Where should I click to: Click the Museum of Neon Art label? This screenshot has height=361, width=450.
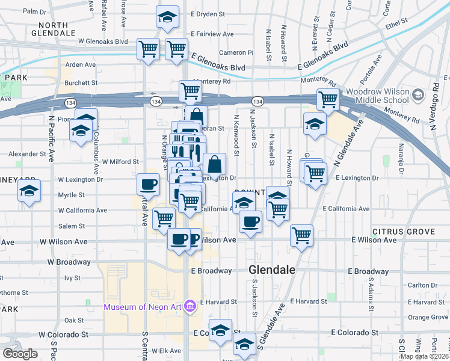tap(143, 307)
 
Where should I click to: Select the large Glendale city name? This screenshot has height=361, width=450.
tap(272, 270)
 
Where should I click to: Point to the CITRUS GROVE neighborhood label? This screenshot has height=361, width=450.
tap(403, 232)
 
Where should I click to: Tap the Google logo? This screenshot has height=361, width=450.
tap(20, 354)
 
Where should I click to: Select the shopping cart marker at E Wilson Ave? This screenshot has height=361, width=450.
tap(301, 235)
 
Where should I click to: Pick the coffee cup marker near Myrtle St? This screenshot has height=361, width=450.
tap(148, 184)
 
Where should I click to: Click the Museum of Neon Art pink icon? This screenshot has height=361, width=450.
tap(190, 307)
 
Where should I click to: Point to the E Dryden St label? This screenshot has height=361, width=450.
tap(208, 14)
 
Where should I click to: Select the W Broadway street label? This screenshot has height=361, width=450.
tap(69, 262)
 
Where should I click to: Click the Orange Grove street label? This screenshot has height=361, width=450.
tap(428, 317)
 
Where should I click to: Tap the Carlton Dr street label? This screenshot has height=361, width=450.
tap(425, 286)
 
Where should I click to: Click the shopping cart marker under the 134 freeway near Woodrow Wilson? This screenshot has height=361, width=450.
tap(328, 99)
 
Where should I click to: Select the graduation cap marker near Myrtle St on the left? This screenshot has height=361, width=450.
tap(29, 191)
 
